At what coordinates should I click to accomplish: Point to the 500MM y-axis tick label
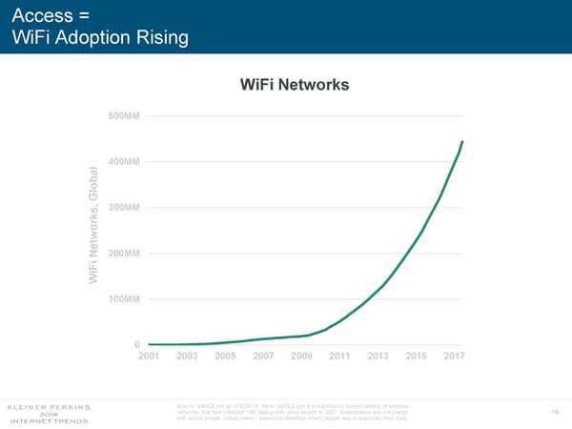(x=125, y=116)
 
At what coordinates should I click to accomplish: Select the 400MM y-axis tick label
(x=125, y=162)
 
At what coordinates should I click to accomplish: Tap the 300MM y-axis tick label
(x=125, y=208)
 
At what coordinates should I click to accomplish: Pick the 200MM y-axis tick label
(x=125, y=254)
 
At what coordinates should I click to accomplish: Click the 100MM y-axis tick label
(x=125, y=299)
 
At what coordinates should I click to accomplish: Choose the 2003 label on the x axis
(x=188, y=357)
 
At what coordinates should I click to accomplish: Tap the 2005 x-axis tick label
(x=226, y=357)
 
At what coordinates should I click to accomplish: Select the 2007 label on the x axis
(x=264, y=357)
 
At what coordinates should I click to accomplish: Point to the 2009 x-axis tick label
(x=302, y=357)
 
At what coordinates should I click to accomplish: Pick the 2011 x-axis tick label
(x=340, y=357)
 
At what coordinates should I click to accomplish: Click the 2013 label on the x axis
(x=378, y=357)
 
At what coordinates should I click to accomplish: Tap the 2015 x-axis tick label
(x=417, y=357)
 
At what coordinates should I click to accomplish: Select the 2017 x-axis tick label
(x=455, y=357)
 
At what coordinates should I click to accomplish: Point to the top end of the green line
(x=462, y=141)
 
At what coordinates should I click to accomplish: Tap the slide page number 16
(x=556, y=412)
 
